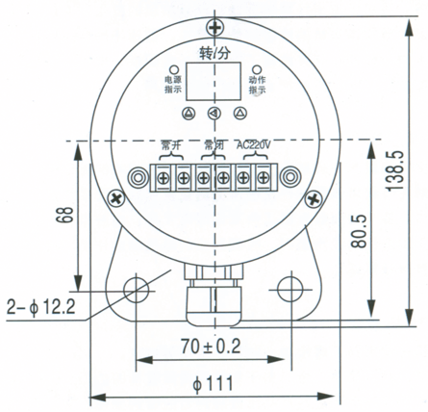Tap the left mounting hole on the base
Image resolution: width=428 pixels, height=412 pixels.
point(137,289)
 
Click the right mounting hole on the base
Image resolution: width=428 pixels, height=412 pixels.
point(290,289)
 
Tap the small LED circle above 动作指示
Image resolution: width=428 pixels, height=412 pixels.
point(257,69)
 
